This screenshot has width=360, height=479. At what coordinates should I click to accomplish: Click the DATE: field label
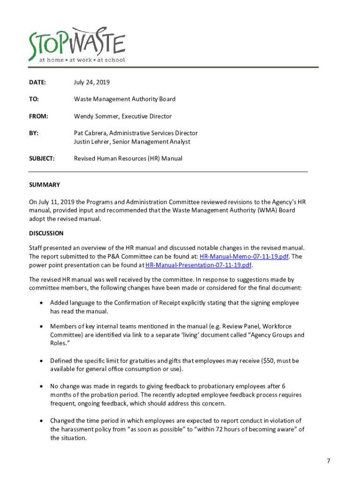pos(37,82)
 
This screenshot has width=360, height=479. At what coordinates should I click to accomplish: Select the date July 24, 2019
pos(92,82)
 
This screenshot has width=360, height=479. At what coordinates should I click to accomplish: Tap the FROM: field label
pos(39,116)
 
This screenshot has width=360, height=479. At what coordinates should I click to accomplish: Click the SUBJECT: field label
pos(42,159)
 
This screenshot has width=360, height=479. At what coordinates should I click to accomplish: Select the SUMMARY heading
pos(44,185)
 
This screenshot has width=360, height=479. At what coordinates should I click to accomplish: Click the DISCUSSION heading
pos(46,233)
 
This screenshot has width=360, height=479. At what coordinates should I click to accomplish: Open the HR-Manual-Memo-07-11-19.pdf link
pos(243,256)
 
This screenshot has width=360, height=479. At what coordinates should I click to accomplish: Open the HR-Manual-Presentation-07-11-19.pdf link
pos(199,265)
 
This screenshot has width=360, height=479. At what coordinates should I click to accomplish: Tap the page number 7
pos(329,461)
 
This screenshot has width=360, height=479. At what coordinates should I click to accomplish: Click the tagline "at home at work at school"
pos(82,60)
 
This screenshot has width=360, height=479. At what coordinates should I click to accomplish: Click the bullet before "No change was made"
pos(42,386)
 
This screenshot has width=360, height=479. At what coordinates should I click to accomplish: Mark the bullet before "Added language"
pos(42,303)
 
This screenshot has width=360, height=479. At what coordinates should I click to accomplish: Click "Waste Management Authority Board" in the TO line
pos(125,99)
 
